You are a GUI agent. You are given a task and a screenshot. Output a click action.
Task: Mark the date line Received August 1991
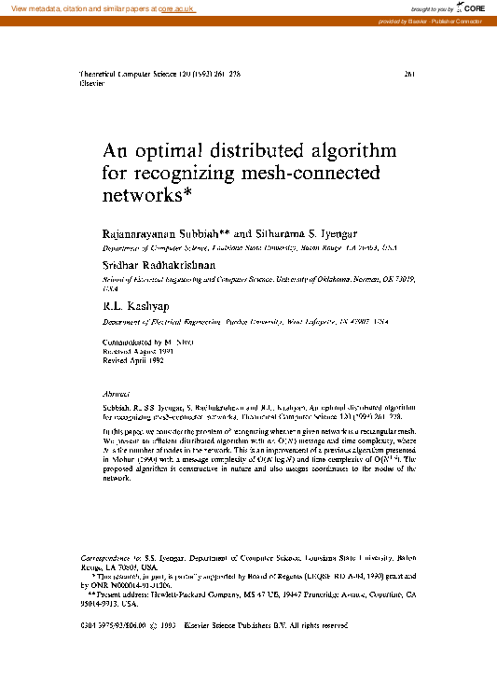click(139, 352)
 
